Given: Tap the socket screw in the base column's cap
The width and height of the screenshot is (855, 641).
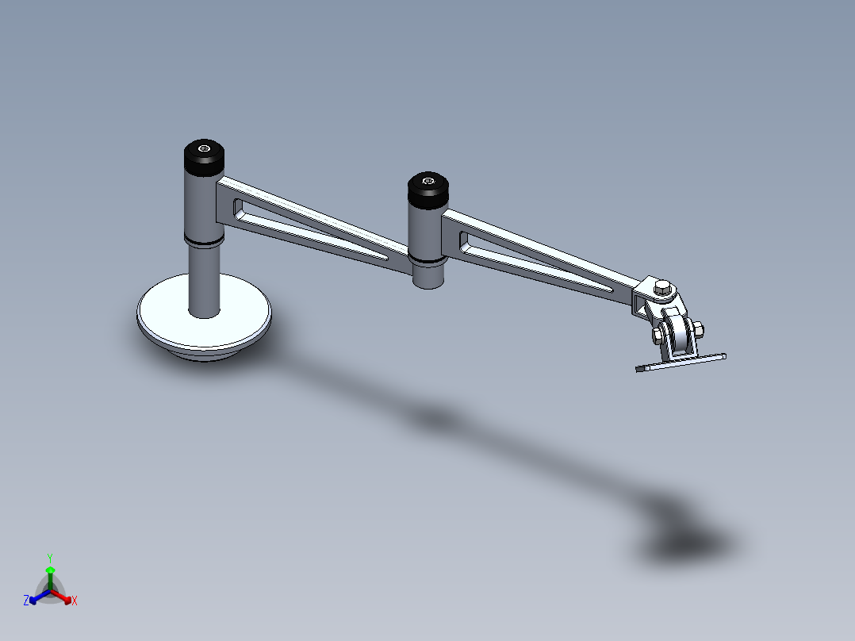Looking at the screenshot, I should tap(205, 148).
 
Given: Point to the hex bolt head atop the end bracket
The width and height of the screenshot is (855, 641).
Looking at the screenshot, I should tap(661, 289).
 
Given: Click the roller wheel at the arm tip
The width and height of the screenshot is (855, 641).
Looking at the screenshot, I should tap(678, 336).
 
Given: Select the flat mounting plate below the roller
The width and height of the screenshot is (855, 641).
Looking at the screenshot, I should tap(682, 362).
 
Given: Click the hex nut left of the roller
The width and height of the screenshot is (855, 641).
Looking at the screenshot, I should tap(657, 336).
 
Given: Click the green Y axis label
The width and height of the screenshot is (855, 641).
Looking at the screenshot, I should tap(49, 558).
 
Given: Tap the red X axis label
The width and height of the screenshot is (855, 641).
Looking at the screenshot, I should tap(75, 601).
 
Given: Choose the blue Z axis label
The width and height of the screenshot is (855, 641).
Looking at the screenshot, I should tap(26, 601).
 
